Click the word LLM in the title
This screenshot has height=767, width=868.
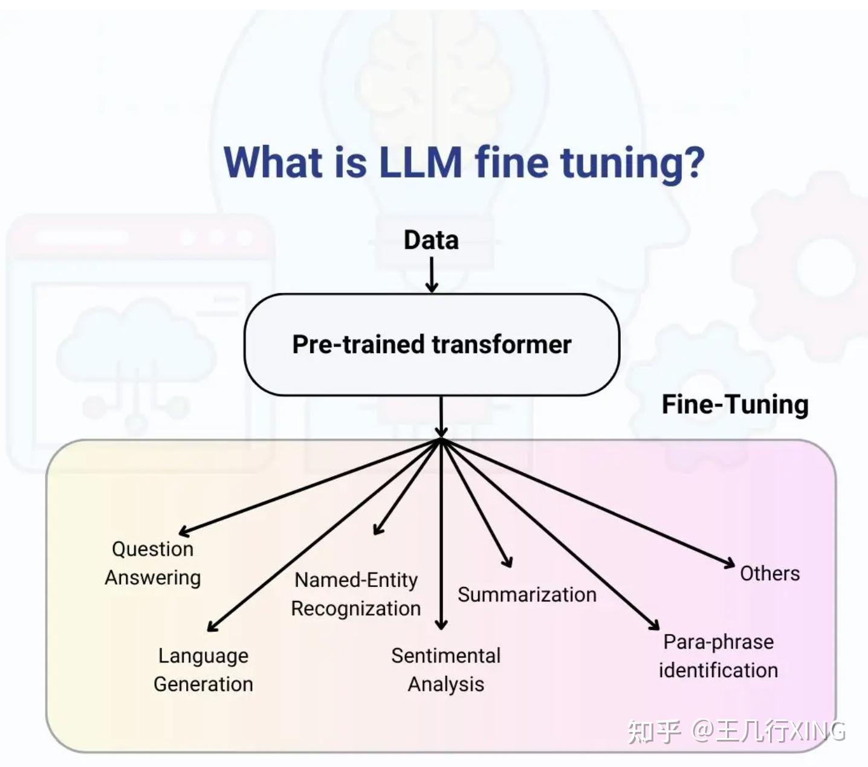(x=421, y=162)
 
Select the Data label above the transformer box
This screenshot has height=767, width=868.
(x=431, y=240)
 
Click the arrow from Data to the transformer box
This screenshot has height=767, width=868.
(x=432, y=274)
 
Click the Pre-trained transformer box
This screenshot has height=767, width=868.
(x=432, y=345)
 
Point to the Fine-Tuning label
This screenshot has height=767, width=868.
(x=735, y=405)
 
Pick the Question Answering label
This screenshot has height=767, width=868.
(x=152, y=563)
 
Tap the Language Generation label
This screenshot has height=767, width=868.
(x=203, y=670)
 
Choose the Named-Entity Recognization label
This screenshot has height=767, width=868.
(x=355, y=594)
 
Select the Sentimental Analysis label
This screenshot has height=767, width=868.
(x=445, y=670)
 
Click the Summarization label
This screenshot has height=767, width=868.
(x=527, y=595)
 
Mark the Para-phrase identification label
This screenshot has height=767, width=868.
(x=719, y=656)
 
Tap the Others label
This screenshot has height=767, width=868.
(x=770, y=574)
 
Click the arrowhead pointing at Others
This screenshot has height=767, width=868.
(x=728, y=563)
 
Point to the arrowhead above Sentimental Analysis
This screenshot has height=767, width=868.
(x=441, y=624)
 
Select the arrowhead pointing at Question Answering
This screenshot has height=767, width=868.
(x=184, y=531)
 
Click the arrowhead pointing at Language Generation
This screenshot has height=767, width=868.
(x=213, y=625)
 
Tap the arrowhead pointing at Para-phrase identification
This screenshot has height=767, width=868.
(x=654, y=624)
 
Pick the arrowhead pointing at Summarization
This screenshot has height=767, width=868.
(x=508, y=562)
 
